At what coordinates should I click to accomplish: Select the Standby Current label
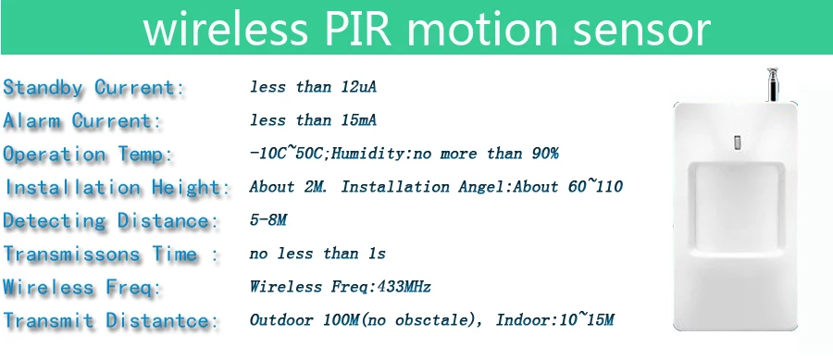94,88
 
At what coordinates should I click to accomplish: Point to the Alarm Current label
82,121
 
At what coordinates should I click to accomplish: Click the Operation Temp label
88,155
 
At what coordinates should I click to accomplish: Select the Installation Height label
118,188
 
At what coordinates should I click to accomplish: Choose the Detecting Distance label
111,221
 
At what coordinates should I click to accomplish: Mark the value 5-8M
268,220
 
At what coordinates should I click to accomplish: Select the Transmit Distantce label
111,321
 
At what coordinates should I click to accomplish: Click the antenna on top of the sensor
772,85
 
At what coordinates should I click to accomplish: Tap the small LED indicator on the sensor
737,143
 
